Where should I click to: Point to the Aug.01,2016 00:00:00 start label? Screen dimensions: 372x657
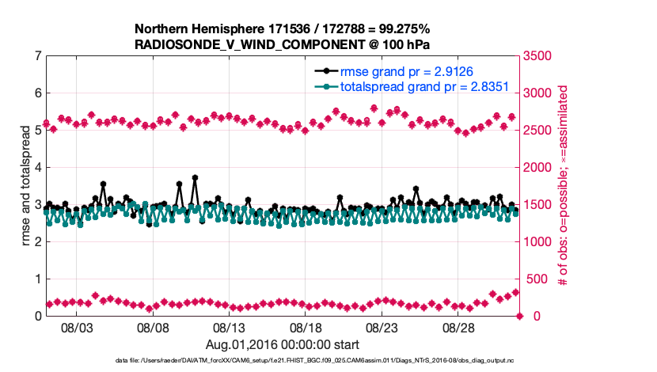pos(283,344)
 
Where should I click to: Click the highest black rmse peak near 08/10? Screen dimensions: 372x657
pos(195,178)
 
